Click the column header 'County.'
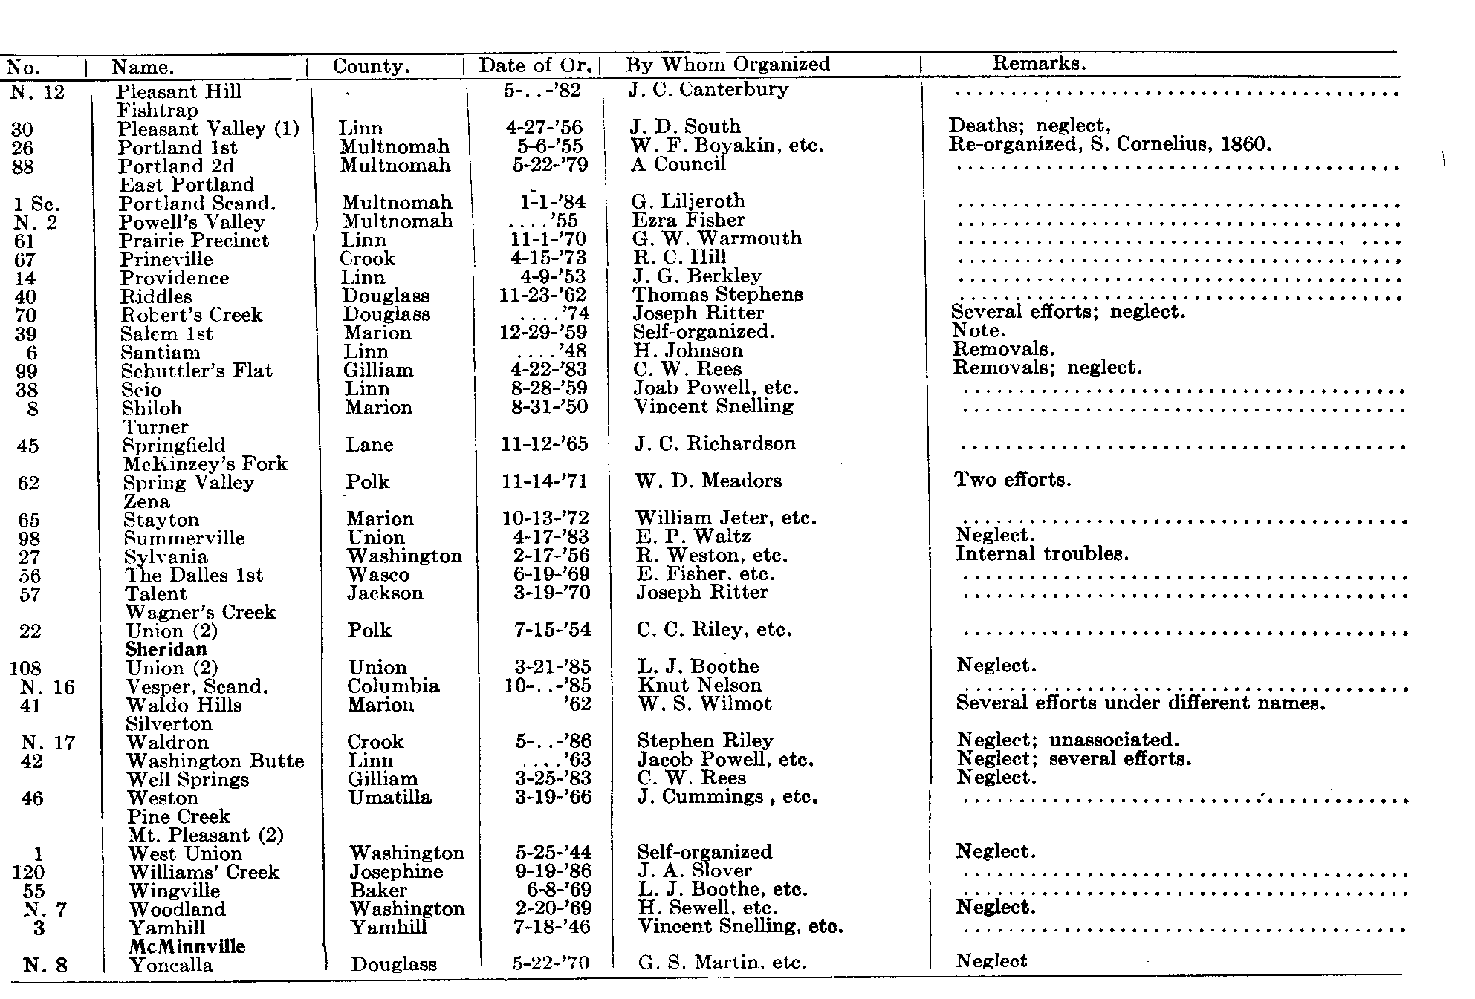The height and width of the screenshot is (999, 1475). [371, 66]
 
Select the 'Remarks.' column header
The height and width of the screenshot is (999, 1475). [1039, 63]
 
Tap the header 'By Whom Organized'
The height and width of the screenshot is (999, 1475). [727, 64]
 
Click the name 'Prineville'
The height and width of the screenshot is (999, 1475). [166, 259]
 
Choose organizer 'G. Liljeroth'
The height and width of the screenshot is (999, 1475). [688, 201]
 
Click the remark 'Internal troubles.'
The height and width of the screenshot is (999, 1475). [1042, 553]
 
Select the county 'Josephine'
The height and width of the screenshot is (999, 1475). [396, 871]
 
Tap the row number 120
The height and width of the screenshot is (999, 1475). [28, 872]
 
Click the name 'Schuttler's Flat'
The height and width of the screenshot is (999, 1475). [197, 371]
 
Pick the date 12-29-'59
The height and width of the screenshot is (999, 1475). [543, 332]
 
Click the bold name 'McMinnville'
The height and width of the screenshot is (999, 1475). [187, 946]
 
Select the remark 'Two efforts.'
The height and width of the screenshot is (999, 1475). [1013, 479]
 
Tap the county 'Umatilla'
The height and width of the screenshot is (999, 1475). [389, 797]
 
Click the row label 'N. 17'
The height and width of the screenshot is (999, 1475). [48, 742]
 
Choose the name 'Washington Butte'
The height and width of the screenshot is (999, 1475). [215, 761]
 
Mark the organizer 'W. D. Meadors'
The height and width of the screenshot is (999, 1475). [708, 481]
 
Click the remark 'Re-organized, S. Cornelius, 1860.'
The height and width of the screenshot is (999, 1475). [1110, 143]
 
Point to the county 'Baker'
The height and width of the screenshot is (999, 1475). [378, 890]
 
